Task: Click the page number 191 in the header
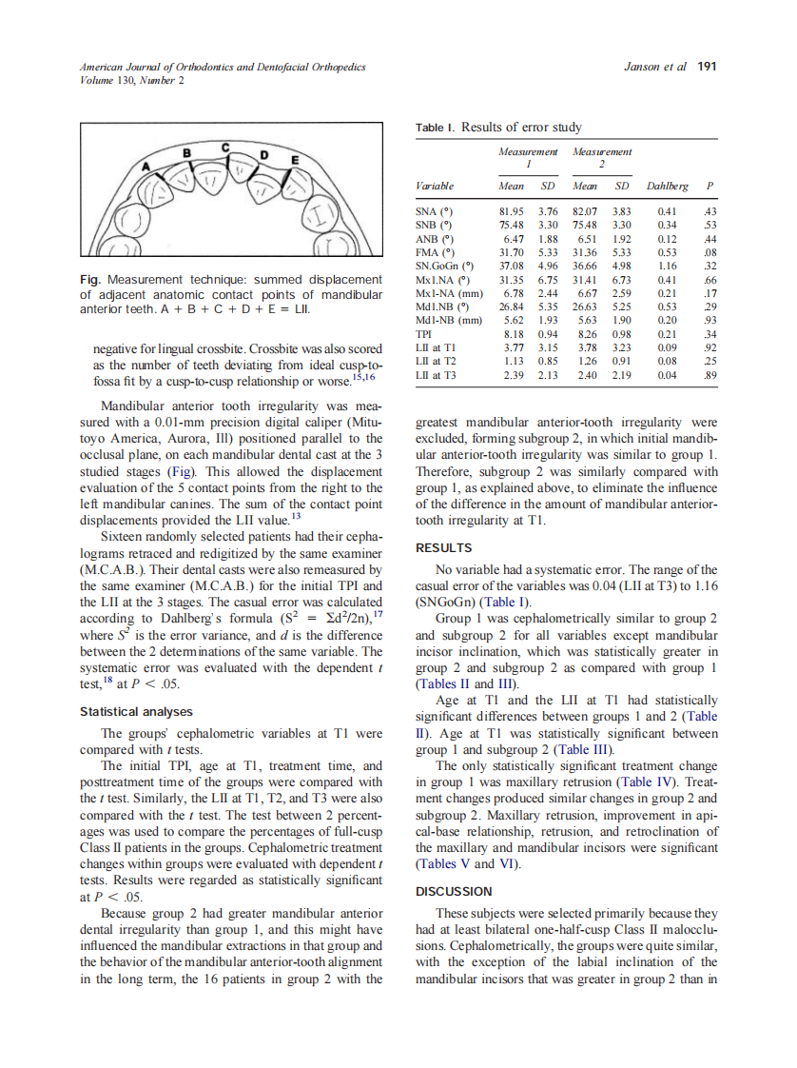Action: [x=707, y=67]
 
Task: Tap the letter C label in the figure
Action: [x=225, y=148]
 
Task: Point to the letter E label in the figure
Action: [x=295, y=159]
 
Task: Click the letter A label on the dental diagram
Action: [x=146, y=167]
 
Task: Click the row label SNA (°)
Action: [x=437, y=211]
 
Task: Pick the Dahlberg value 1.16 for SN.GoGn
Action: [x=667, y=267]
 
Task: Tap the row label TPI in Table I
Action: [x=425, y=335]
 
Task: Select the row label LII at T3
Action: [x=437, y=376]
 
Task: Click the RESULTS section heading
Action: [x=444, y=548]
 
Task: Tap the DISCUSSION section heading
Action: [x=455, y=891]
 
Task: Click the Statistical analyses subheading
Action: [x=136, y=711]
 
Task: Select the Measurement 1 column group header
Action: [x=528, y=157]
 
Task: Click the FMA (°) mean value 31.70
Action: [x=514, y=252]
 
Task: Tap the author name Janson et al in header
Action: [x=654, y=67]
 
